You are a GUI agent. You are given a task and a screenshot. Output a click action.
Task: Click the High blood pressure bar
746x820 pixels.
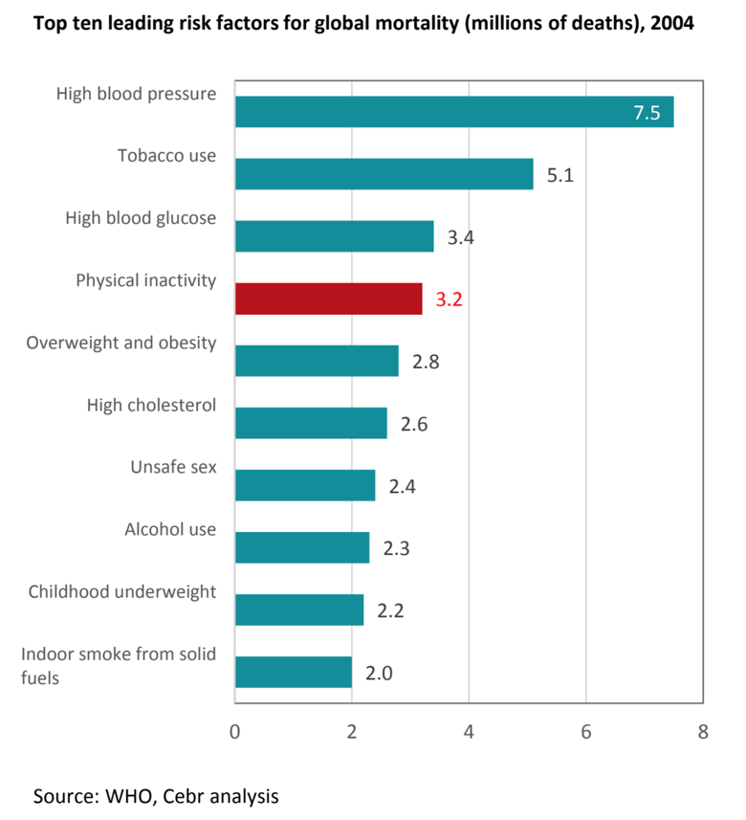coord(453,112)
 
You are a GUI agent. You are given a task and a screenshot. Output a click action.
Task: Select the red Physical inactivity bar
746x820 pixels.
coord(328,299)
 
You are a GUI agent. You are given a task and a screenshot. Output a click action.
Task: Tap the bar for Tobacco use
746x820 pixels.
coord(384,174)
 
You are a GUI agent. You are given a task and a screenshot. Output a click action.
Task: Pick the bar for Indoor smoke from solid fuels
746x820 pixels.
coord(293,672)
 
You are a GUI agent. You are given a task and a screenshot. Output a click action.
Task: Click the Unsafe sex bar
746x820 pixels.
coord(304,485)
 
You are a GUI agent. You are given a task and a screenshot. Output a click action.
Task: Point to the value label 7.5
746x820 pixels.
coord(647,113)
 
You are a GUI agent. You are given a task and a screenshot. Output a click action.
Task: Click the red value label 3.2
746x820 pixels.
coord(449,299)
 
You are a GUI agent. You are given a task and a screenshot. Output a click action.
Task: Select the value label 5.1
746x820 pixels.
coord(559,175)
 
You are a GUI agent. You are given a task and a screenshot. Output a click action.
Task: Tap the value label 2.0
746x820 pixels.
coord(379,673)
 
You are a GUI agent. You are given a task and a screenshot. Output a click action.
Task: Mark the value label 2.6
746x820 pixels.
coord(414,424)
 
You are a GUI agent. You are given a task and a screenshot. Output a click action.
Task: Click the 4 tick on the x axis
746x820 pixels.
coord(469,733)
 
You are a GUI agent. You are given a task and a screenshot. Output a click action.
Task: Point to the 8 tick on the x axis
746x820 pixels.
coord(703,733)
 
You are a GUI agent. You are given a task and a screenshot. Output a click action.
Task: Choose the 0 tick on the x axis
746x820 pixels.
coord(234,733)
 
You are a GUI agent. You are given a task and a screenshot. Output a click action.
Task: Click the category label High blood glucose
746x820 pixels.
coord(141,218)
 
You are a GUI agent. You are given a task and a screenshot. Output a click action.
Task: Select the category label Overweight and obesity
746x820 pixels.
coord(121,343)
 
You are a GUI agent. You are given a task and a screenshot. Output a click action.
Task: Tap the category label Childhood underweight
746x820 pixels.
coord(122,591)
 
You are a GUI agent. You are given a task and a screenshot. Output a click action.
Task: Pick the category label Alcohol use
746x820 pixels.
coord(170,529)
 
